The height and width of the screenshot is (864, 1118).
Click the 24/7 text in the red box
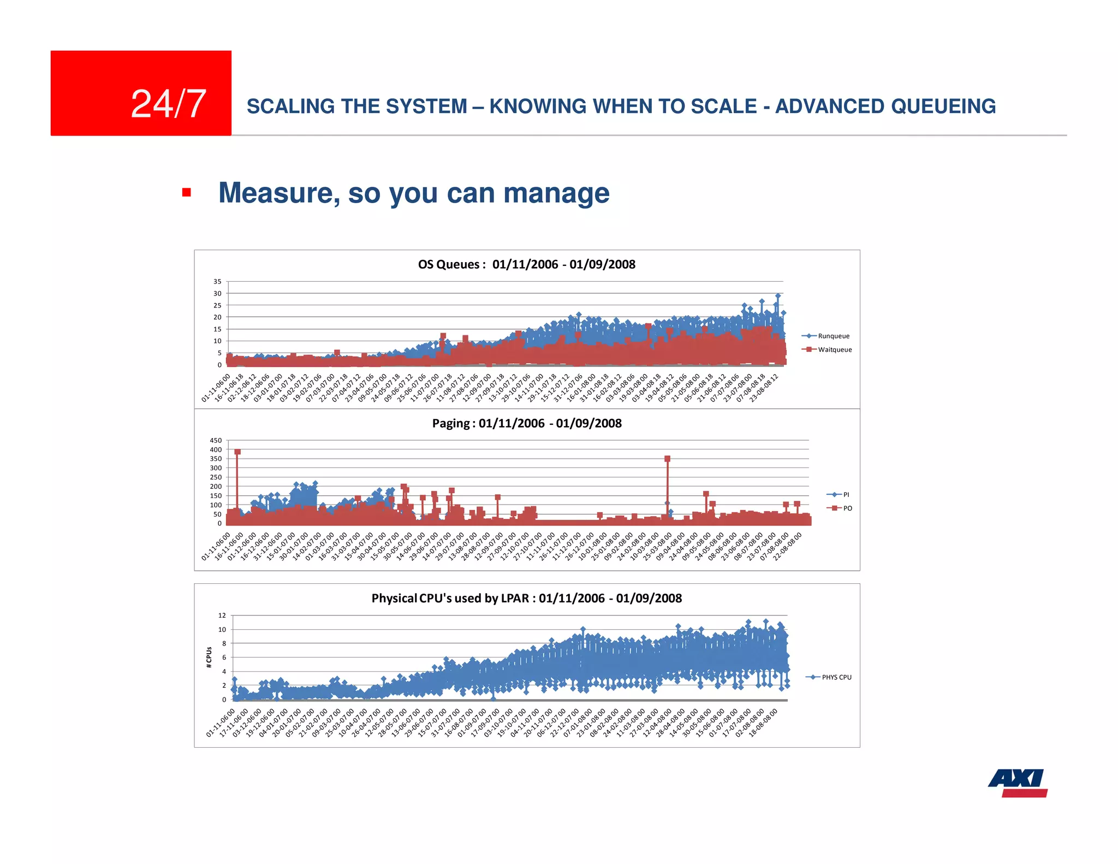168,104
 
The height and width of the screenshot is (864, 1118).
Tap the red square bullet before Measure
187,192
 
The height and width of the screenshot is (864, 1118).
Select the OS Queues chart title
526,264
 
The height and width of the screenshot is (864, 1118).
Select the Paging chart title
526,423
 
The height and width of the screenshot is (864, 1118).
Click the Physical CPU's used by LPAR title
526,598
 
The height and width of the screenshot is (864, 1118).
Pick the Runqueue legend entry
833,336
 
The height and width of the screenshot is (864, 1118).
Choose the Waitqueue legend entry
834,350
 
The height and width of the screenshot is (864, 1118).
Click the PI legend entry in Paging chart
846,494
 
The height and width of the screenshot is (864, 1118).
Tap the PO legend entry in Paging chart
847,508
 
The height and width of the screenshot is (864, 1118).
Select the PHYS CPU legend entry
836,677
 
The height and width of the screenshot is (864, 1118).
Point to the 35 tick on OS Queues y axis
217,282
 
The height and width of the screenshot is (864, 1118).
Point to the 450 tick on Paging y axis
216,440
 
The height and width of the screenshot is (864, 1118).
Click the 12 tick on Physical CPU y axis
222,616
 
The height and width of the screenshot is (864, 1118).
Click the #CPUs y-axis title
209,657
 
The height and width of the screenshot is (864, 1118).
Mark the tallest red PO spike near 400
237,452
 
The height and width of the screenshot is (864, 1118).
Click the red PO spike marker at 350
667,459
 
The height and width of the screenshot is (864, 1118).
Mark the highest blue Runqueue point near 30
778,295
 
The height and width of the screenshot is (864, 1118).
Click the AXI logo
1018,783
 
